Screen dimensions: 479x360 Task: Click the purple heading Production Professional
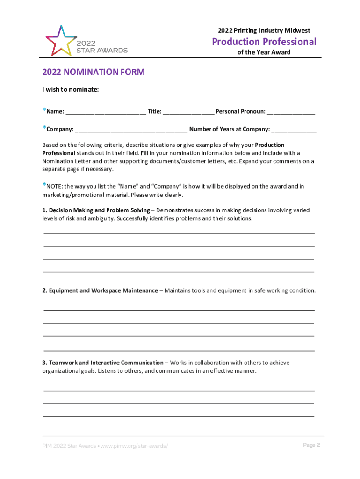[264, 42]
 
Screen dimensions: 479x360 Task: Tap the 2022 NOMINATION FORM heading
[94, 72]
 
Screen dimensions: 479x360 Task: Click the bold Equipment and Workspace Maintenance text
[100, 290]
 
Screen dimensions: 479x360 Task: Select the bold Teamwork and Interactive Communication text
[102, 363]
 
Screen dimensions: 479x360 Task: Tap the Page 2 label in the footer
[311, 445]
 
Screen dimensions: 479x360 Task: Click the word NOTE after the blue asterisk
[54, 186]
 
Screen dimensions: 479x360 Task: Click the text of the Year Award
[264, 52]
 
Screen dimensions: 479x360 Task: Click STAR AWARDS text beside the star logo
[101, 50]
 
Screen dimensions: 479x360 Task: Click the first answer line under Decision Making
[179, 233]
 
